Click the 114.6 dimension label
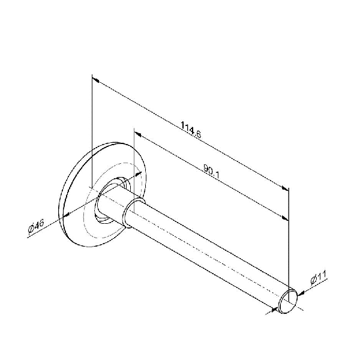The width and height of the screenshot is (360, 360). pos(191,130)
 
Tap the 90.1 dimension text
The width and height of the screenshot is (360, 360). pos(211,171)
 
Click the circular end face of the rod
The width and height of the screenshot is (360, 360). pos(287,301)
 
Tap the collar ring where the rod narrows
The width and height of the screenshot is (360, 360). pos(133,212)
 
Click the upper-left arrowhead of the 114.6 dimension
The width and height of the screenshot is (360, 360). pos(95,80)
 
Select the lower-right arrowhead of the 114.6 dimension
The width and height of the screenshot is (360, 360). pos(285,188)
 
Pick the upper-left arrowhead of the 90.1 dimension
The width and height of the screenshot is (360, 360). pos(137,134)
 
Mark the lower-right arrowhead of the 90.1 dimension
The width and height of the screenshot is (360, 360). pos(285,218)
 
